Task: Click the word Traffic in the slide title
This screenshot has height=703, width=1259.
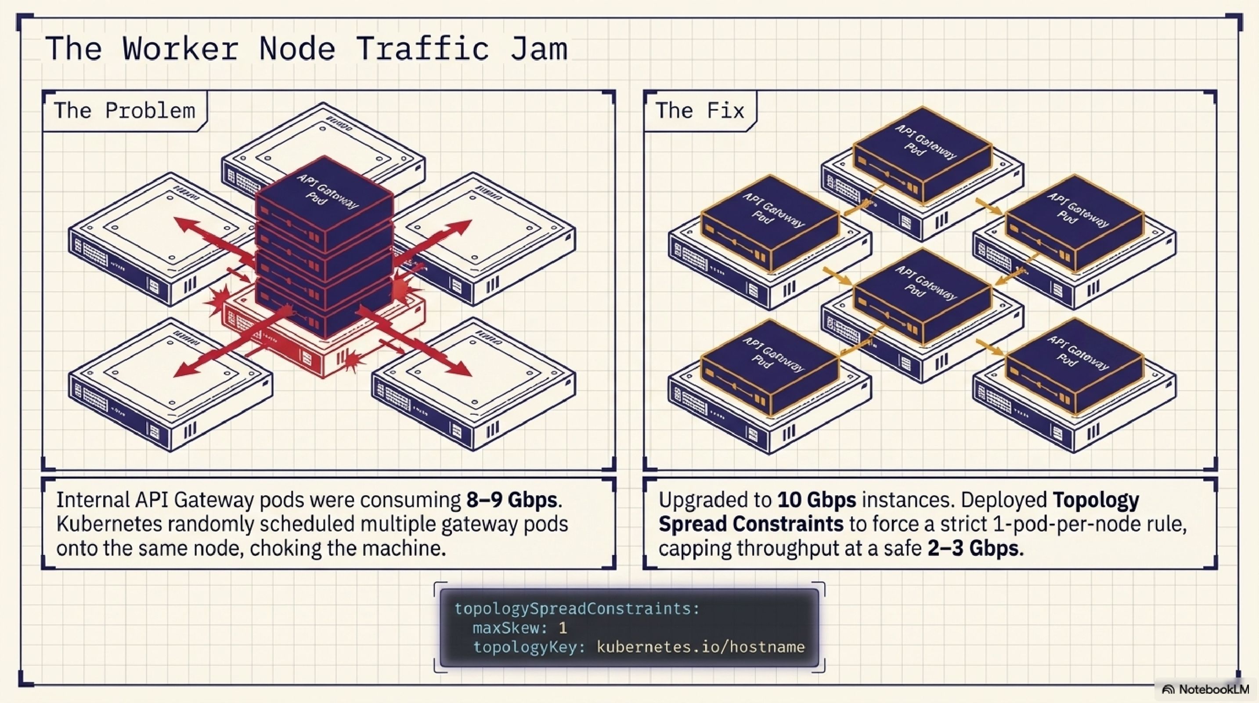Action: (x=423, y=49)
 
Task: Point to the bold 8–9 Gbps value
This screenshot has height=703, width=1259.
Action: (x=512, y=500)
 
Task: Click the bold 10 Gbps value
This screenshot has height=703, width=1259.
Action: (x=817, y=500)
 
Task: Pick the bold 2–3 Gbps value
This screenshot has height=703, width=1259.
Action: (x=973, y=548)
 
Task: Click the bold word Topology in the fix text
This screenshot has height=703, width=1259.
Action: (x=1096, y=500)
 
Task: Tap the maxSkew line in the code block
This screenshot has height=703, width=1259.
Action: (x=519, y=628)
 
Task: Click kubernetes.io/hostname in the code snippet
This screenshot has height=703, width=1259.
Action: (x=701, y=647)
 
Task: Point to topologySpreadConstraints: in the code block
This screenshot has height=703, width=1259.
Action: (x=577, y=609)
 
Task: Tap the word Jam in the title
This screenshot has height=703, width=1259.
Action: (x=539, y=49)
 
